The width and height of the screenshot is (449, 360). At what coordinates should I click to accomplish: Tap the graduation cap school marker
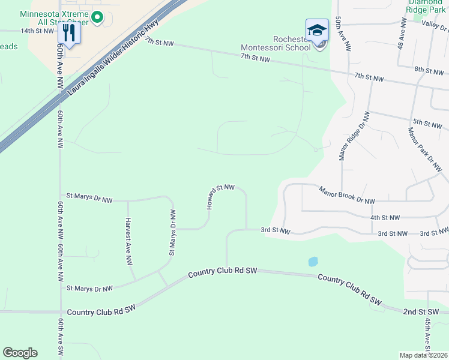[317, 31]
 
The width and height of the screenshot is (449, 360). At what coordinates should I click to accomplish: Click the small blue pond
[312, 262]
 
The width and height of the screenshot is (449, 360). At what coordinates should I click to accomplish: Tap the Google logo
[20, 353]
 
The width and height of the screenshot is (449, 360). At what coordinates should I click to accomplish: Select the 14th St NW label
[37, 31]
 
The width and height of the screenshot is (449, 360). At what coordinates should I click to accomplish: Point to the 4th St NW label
[385, 218]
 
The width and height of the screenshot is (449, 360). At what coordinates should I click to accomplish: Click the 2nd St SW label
[417, 312]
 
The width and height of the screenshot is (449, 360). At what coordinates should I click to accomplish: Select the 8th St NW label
[430, 71]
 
